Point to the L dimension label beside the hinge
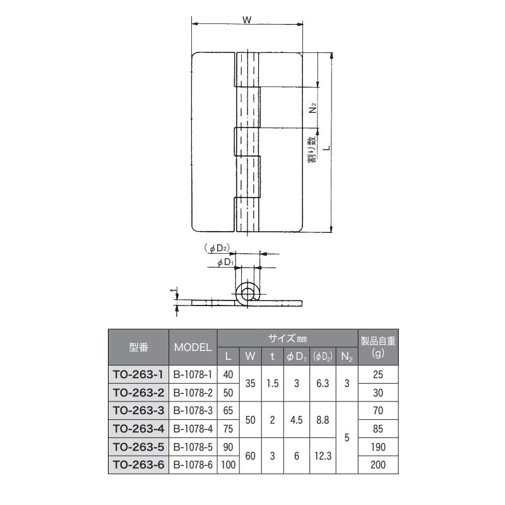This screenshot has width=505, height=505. click(x=325, y=147)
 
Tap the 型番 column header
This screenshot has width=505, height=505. click(x=138, y=347)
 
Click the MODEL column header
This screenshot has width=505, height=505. click(x=193, y=347)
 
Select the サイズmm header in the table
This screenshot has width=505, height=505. click(x=287, y=338)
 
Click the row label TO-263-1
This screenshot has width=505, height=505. click(x=138, y=374)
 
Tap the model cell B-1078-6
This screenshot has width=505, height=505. click(x=193, y=465)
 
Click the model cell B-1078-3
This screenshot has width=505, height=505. click(x=193, y=411)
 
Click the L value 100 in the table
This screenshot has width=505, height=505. click(x=229, y=465)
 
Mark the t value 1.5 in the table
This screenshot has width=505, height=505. click(x=272, y=383)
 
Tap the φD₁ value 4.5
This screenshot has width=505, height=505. click(x=297, y=420)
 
